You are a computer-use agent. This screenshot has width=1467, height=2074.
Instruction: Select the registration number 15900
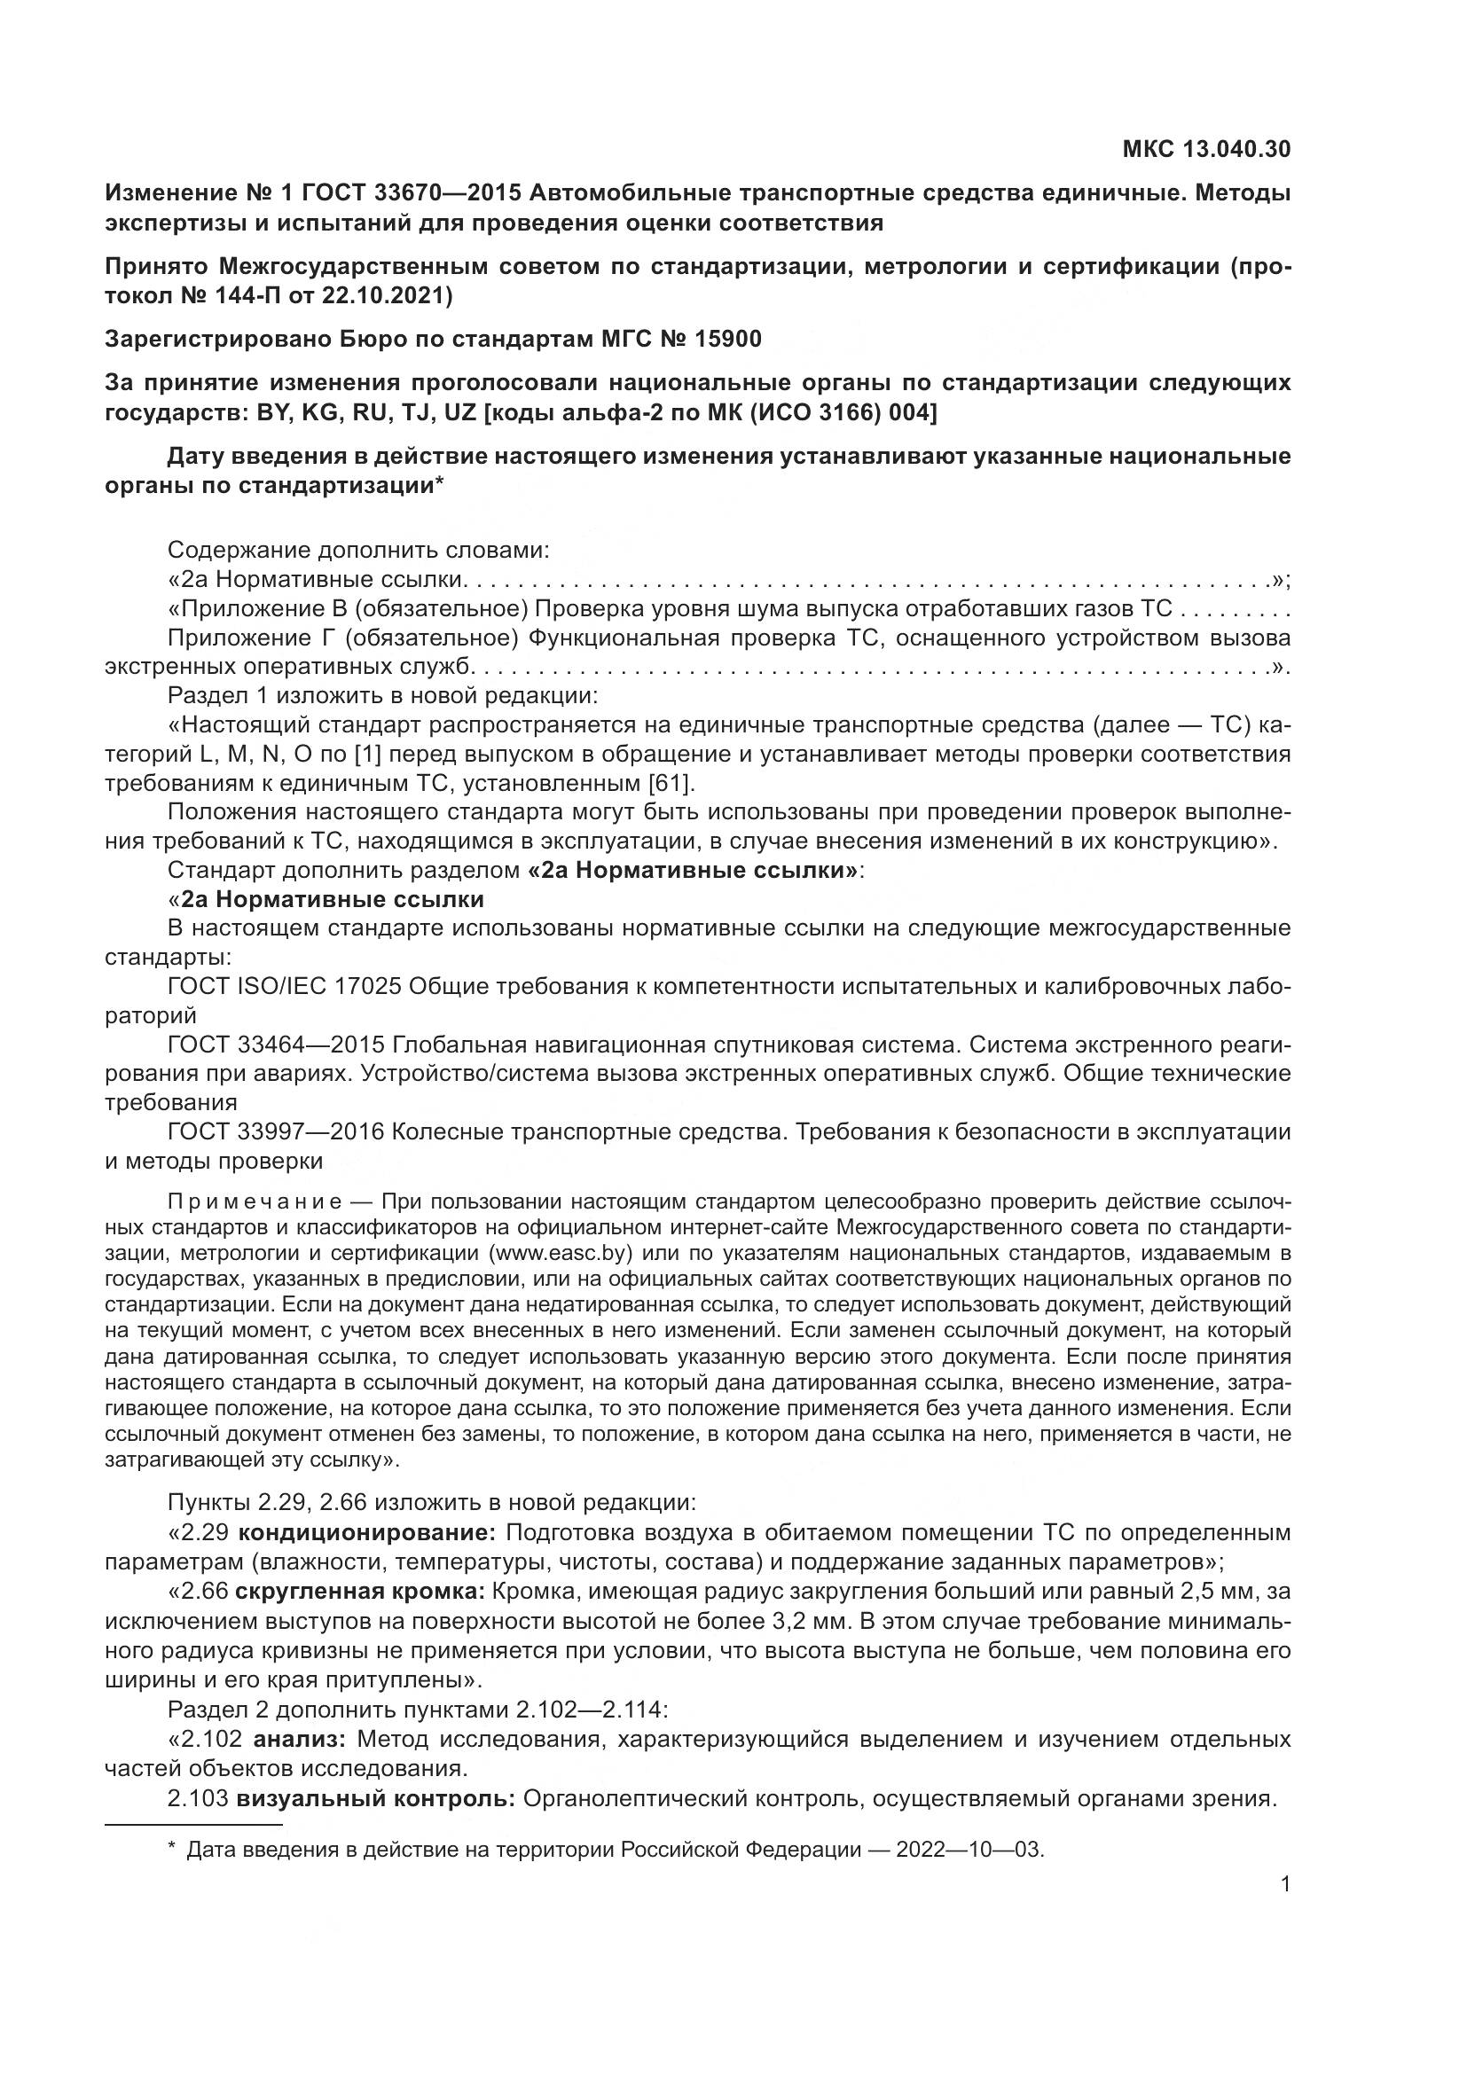pyautogui.click(x=729, y=340)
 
